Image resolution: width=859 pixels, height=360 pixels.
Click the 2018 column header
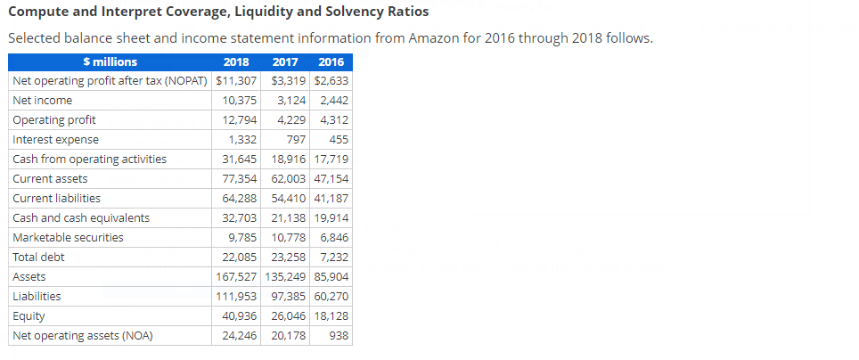(x=235, y=62)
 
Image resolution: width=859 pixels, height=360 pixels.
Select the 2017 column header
(x=285, y=62)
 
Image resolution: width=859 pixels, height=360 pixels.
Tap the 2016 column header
(x=331, y=62)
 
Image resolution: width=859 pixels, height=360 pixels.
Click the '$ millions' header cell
(x=110, y=62)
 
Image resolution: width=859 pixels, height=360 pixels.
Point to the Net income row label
(x=43, y=101)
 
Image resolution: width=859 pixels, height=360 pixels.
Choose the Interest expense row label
(x=56, y=140)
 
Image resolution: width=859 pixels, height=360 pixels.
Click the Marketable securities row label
(x=68, y=238)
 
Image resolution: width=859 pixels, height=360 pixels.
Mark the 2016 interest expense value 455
(x=339, y=140)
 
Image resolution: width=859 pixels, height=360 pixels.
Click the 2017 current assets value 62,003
(x=286, y=179)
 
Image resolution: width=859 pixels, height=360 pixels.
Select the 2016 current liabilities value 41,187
(x=331, y=199)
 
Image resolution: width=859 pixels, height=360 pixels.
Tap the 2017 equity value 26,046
(x=286, y=316)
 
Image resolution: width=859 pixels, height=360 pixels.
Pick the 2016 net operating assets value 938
(x=340, y=336)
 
